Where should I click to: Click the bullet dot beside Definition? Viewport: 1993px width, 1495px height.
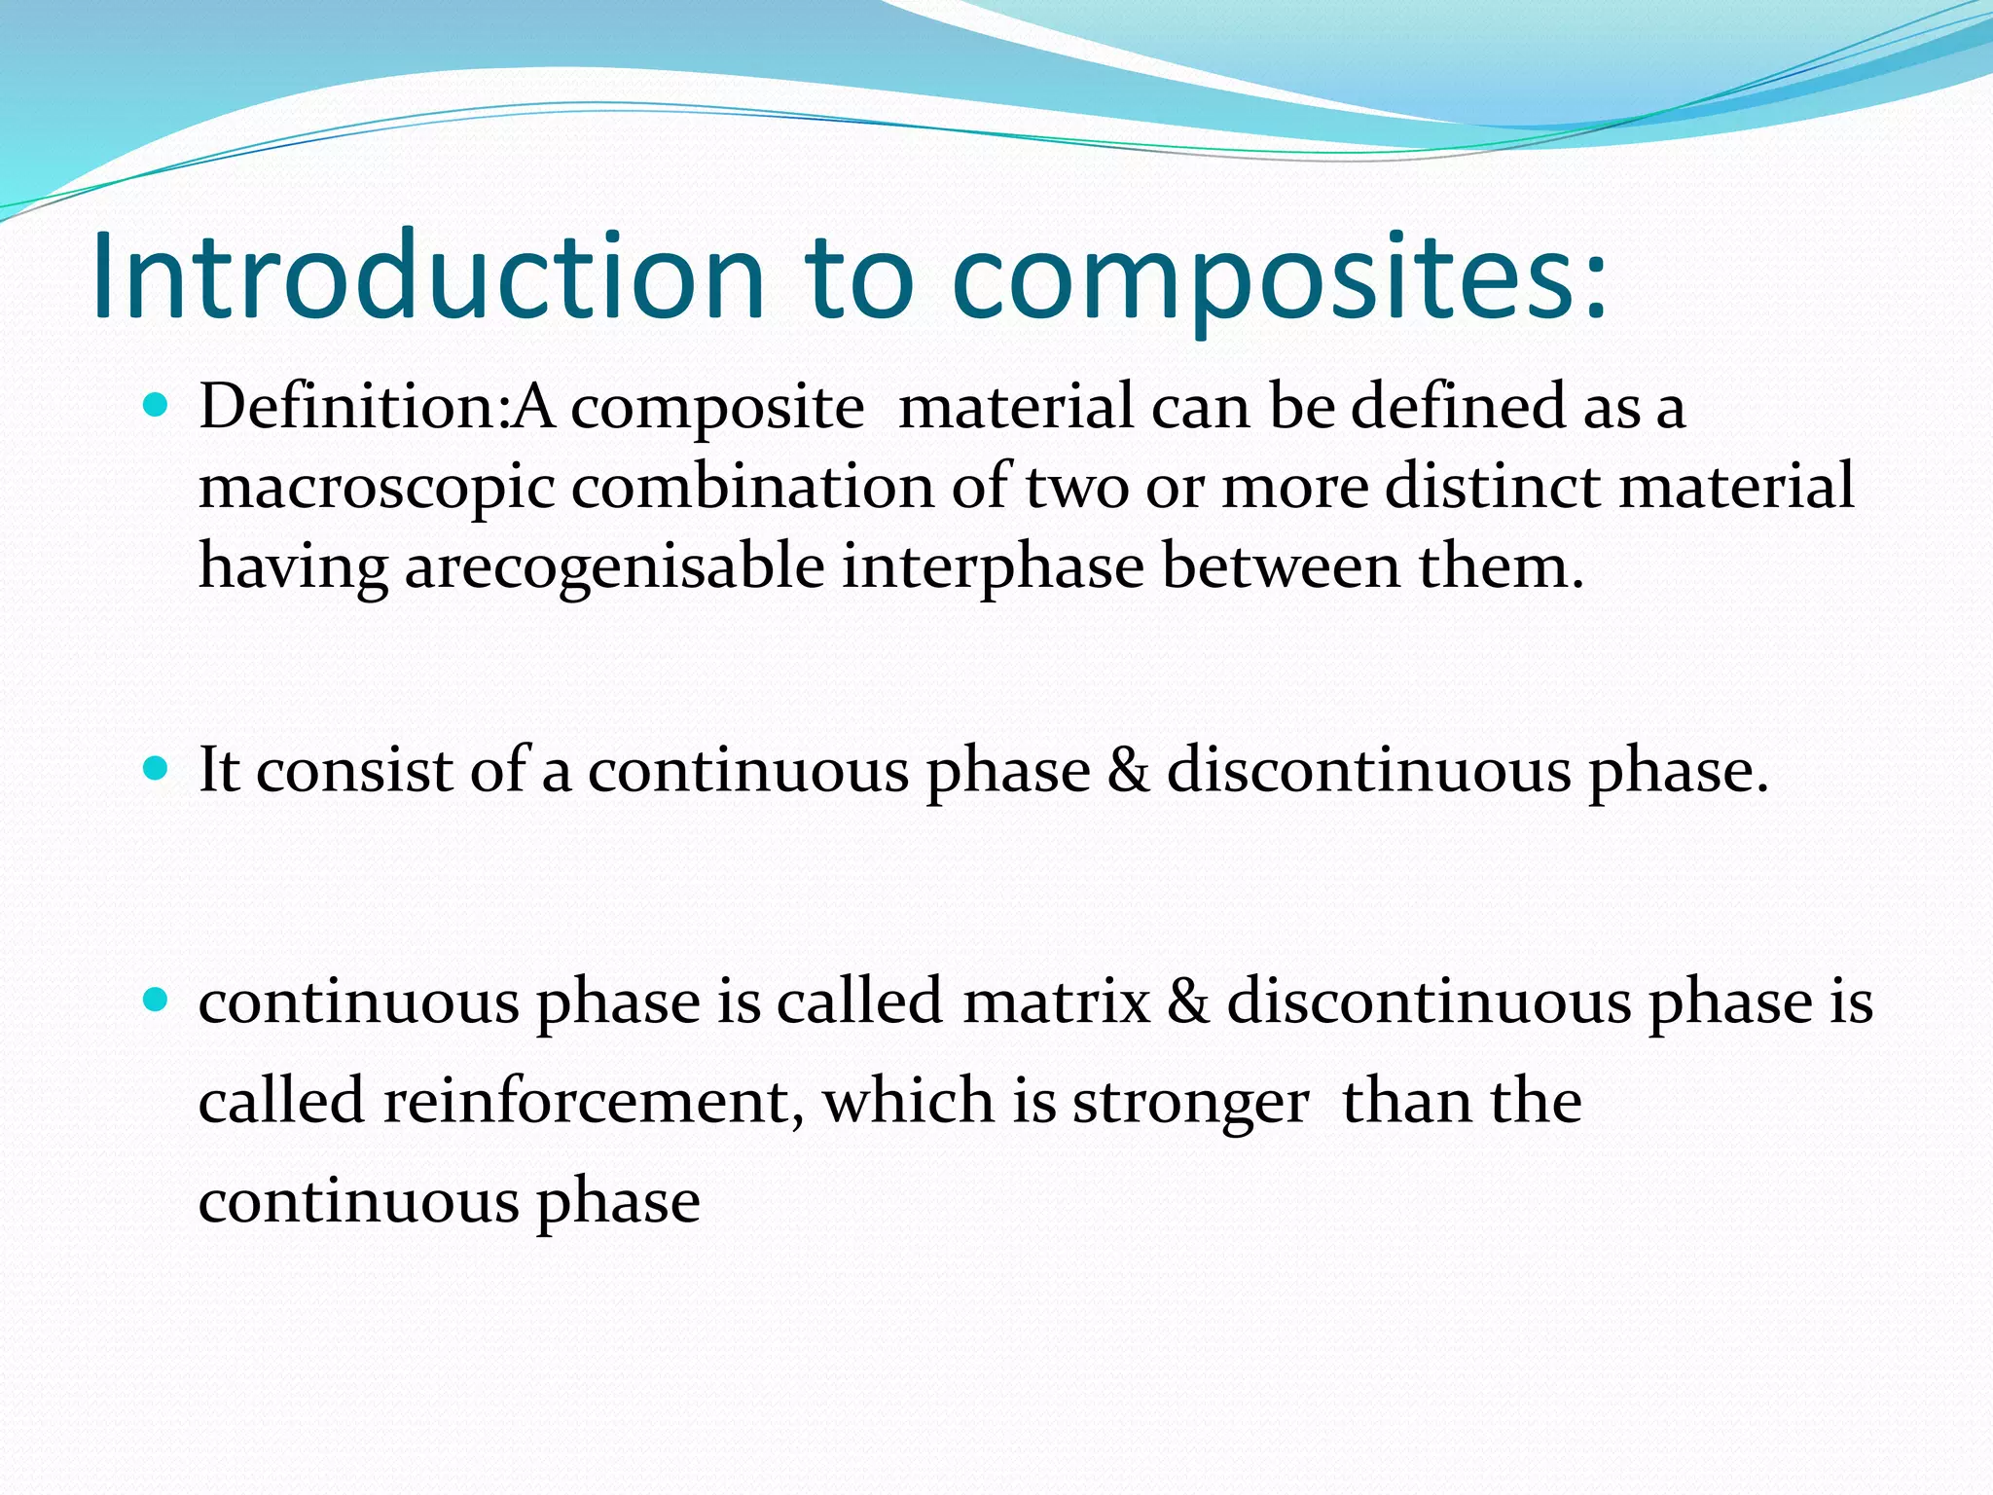click(x=155, y=404)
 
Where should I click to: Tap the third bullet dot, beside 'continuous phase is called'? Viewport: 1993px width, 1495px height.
click(x=155, y=1000)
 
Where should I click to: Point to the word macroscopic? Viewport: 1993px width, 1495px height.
click(x=377, y=489)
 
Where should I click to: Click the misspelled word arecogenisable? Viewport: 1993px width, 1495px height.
click(x=614, y=567)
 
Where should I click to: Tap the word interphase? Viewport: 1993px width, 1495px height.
click(x=993, y=567)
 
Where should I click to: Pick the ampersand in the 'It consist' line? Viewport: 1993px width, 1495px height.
click(x=1128, y=771)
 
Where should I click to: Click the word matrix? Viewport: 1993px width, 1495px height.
click(x=1056, y=1002)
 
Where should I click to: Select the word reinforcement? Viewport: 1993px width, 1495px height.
click(x=593, y=1102)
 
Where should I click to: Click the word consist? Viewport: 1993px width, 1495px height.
click(x=355, y=771)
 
